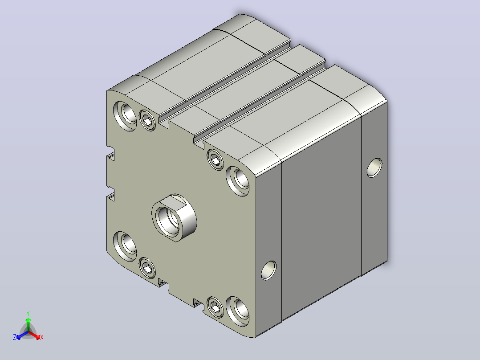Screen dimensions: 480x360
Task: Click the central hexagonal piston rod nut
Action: coord(174,218)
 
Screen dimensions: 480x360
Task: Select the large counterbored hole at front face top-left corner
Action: coord(126,116)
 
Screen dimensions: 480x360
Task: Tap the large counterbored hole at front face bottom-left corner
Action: coord(125,246)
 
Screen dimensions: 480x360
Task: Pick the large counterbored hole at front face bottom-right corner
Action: coord(238,311)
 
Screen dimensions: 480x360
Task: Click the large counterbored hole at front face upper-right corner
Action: coord(238,181)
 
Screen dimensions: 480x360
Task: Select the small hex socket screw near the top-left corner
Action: coord(147,120)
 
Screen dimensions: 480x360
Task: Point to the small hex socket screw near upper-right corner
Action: coord(215,160)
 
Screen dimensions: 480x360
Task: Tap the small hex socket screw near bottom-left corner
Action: coord(147,268)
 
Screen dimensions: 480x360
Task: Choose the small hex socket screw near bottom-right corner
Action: coord(215,307)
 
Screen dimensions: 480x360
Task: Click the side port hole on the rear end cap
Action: coord(374,168)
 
